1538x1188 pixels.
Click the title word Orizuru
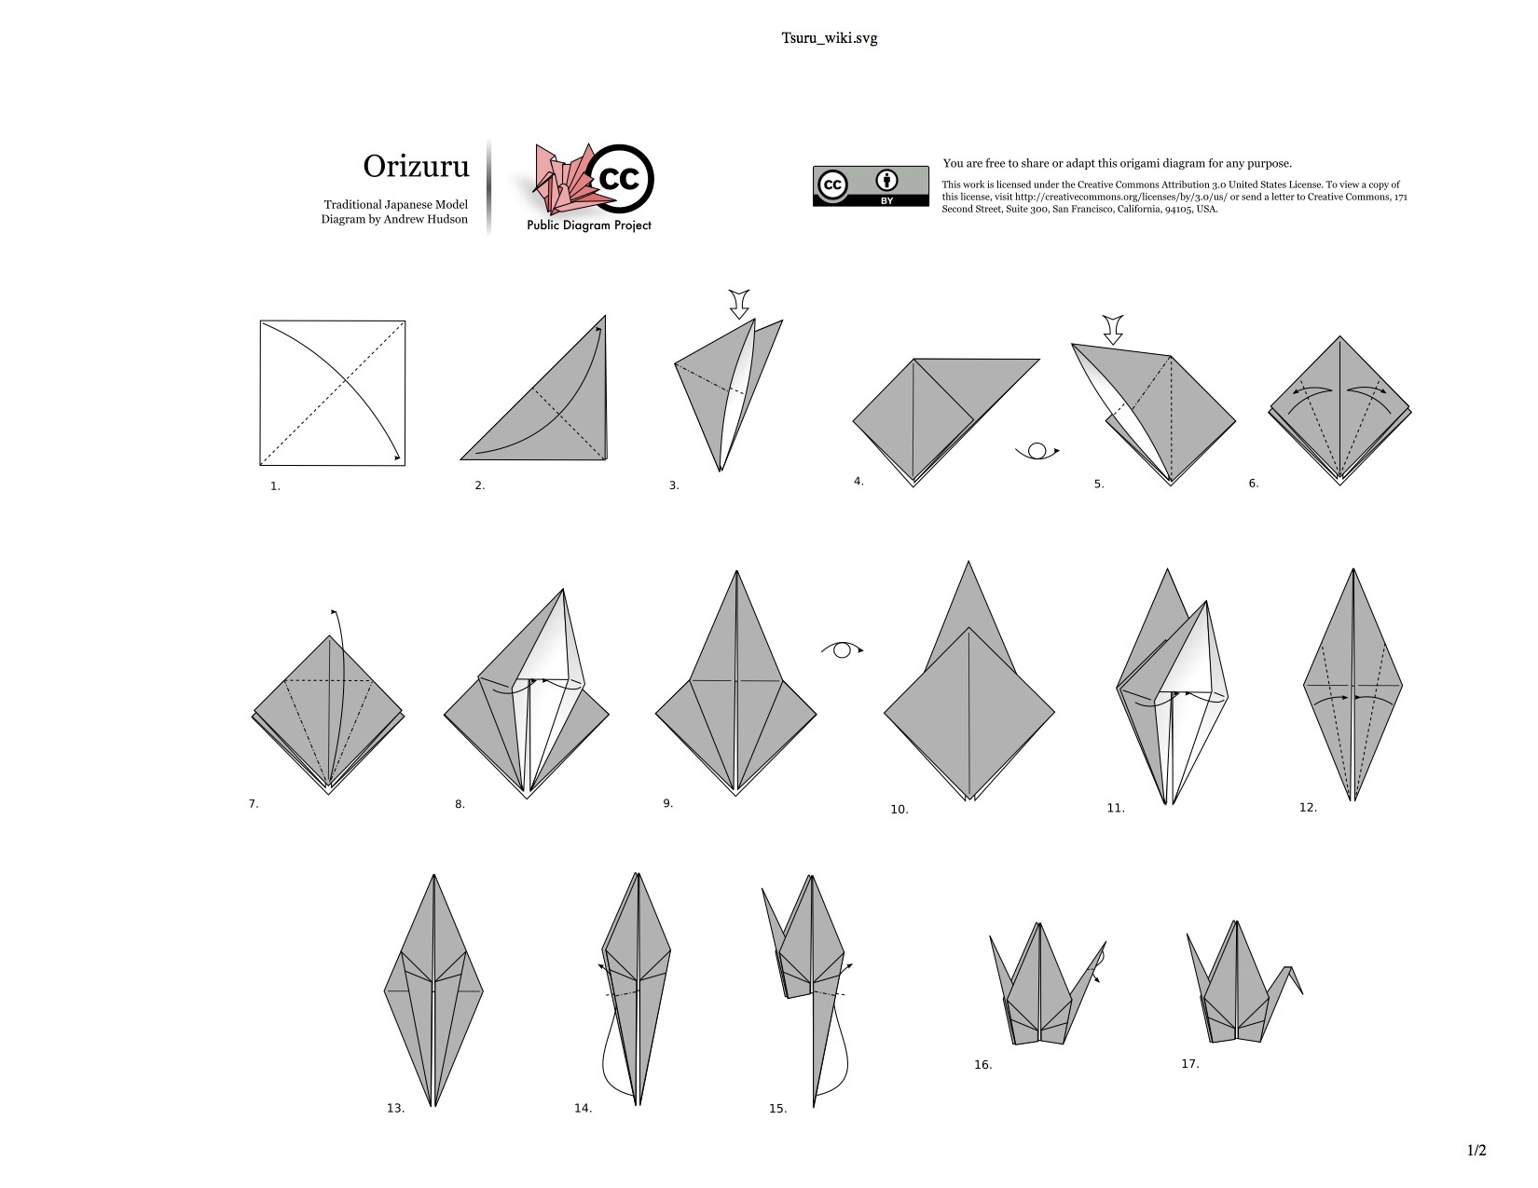[x=416, y=166]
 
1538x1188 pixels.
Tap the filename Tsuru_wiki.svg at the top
[x=829, y=38]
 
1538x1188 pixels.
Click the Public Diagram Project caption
[x=589, y=225]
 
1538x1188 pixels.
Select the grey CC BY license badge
[x=871, y=186]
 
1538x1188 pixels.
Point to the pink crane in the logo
[x=566, y=181]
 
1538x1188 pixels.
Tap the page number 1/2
[x=1476, y=1150]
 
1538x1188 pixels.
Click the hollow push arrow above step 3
[x=739, y=305]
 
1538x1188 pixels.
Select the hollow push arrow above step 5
[x=1113, y=330]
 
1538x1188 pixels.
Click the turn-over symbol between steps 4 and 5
[x=1037, y=451]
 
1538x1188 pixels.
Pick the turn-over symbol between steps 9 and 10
[x=842, y=649]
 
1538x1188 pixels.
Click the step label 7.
[x=254, y=804]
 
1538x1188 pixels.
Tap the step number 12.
[x=1308, y=807]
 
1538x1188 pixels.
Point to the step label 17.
[x=1189, y=1063]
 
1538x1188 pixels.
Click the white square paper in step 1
[x=333, y=392]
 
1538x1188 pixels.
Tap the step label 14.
[x=583, y=1108]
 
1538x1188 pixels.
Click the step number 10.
[x=899, y=810]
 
